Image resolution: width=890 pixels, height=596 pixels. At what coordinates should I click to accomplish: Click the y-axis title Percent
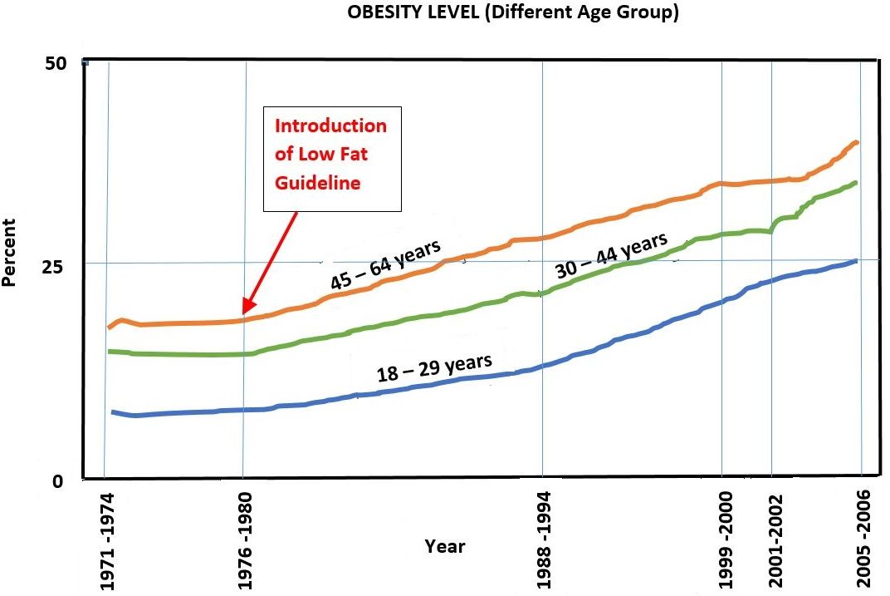tap(9, 253)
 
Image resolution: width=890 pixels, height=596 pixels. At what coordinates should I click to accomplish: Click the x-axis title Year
tap(445, 546)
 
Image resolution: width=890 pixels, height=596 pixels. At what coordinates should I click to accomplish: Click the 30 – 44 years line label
tap(611, 255)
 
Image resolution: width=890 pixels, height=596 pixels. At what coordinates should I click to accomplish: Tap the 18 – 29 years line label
tap(435, 367)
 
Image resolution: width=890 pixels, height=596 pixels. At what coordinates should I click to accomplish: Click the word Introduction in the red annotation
tap(330, 126)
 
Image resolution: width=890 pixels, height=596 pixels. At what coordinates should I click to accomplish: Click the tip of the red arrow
tap(244, 313)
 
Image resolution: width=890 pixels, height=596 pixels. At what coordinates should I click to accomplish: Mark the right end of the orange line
tap(856, 142)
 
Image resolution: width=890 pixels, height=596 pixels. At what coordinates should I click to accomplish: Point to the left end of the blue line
tap(113, 411)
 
